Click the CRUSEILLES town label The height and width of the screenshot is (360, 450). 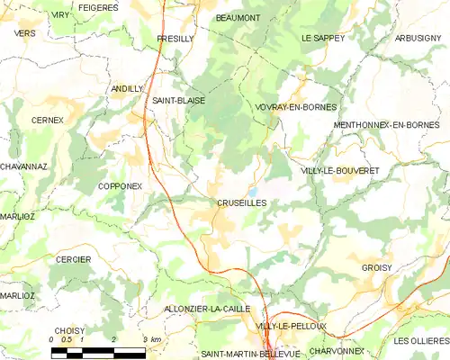[241, 203]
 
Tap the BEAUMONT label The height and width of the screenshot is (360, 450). [238, 17]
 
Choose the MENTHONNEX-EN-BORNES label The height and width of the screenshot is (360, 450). [390, 124]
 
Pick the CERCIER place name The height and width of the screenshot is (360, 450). [74, 259]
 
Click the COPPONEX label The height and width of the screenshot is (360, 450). [121, 186]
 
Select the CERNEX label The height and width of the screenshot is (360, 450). [47, 120]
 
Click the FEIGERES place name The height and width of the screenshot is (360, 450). [98, 7]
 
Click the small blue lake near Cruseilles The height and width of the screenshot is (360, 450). [255, 192]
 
